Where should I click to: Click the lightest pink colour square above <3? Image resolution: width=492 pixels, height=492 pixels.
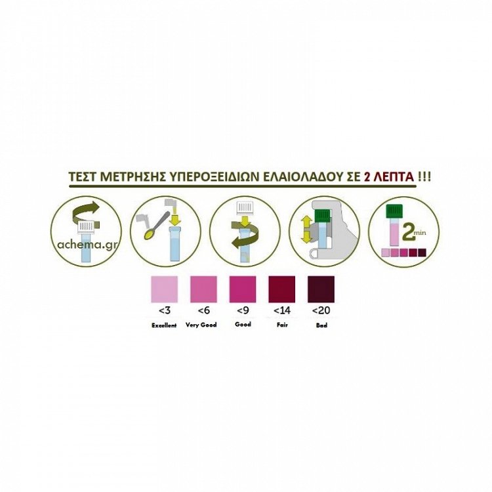[165, 289]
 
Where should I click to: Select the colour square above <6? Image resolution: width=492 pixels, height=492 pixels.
[203, 289]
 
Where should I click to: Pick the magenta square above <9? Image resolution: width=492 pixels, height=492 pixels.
[243, 289]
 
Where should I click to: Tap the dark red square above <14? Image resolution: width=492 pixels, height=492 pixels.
[282, 289]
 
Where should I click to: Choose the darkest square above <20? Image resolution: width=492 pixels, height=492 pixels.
[321, 289]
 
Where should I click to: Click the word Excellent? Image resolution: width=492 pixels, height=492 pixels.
[164, 325]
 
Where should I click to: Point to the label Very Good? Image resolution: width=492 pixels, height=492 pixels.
[201, 325]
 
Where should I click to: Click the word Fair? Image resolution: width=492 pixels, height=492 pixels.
[282, 325]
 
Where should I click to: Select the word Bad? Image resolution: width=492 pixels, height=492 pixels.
[321, 325]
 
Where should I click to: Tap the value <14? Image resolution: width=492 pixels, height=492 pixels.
[282, 310]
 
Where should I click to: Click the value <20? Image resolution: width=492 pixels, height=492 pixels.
[321, 310]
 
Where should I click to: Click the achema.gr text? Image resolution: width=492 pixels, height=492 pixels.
[87, 244]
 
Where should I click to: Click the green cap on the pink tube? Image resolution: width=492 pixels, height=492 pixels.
[394, 211]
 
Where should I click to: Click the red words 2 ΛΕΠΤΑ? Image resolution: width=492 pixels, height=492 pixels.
[389, 176]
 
